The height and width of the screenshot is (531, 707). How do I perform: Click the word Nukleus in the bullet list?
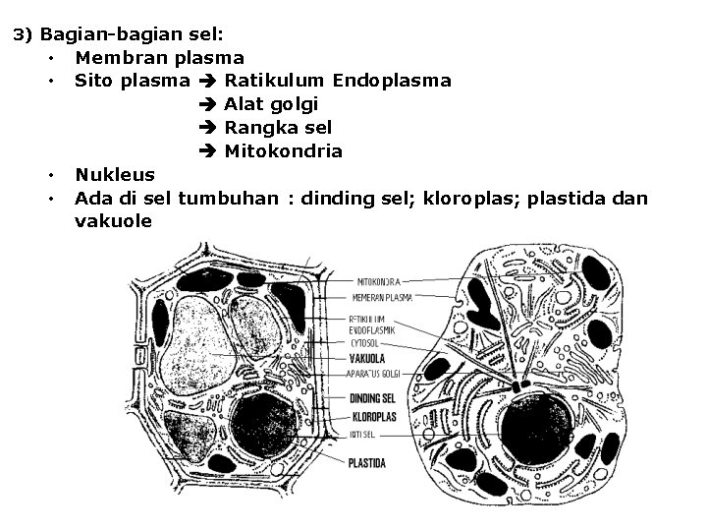[x=115, y=175]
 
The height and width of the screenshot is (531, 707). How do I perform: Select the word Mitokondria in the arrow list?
[x=283, y=151]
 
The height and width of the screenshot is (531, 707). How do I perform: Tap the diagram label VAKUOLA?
[x=365, y=359]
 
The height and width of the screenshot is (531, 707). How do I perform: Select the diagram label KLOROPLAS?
[x=371, y=416]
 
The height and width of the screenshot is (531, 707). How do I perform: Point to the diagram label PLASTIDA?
[x=366, y=462]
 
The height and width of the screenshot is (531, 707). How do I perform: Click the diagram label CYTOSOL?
[x=364, y=344]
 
